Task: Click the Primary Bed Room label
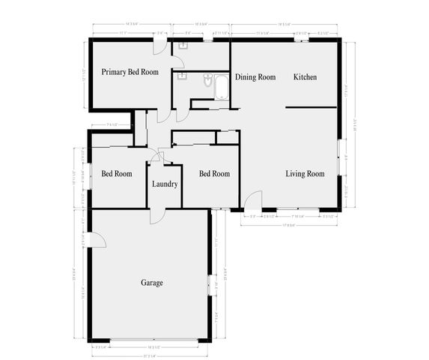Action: pyautogui.click(x=130, y=72)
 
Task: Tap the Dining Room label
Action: pyautogui.click(x=255, y=77)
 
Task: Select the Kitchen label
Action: pyautogui.click(x=305, y=77)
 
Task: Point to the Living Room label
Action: pyautogui.click(x=305, y=174)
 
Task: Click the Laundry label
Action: pyautogui.click(x=164, y=184)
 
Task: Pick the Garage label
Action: pyautogui.click(x=152, y=283)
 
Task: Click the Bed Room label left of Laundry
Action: pyautogui.click(x=116, y=174)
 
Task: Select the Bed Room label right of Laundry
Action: pyautogui.click(x=214, y=174)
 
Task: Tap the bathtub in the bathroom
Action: pyautogui.click(x=219, y=87)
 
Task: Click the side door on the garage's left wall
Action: pyautogui.click(x=96, y=239)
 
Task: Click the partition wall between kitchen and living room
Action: pyautogui.click(x=314, y=108)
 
